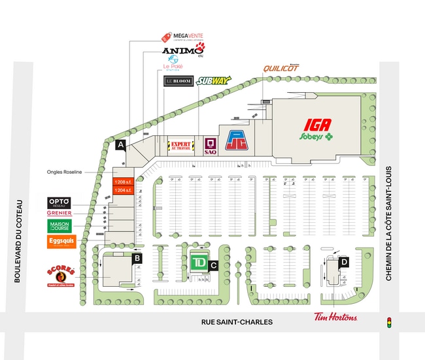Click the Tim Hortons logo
(x=335, y=318)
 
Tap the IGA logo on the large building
(x=316, y=125)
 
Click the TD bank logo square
(x=200, y=263)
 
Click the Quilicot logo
(x=281, y=69)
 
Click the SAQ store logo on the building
(x=210, y=144)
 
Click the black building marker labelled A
(x=120, y=146)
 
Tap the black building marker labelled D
(x=344, y=263)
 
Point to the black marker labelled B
(x=137, y=258)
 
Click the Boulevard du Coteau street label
(x=19, y=241)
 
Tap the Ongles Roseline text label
(x=65, y=172)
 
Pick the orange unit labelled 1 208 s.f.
(x=122, y=182)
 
